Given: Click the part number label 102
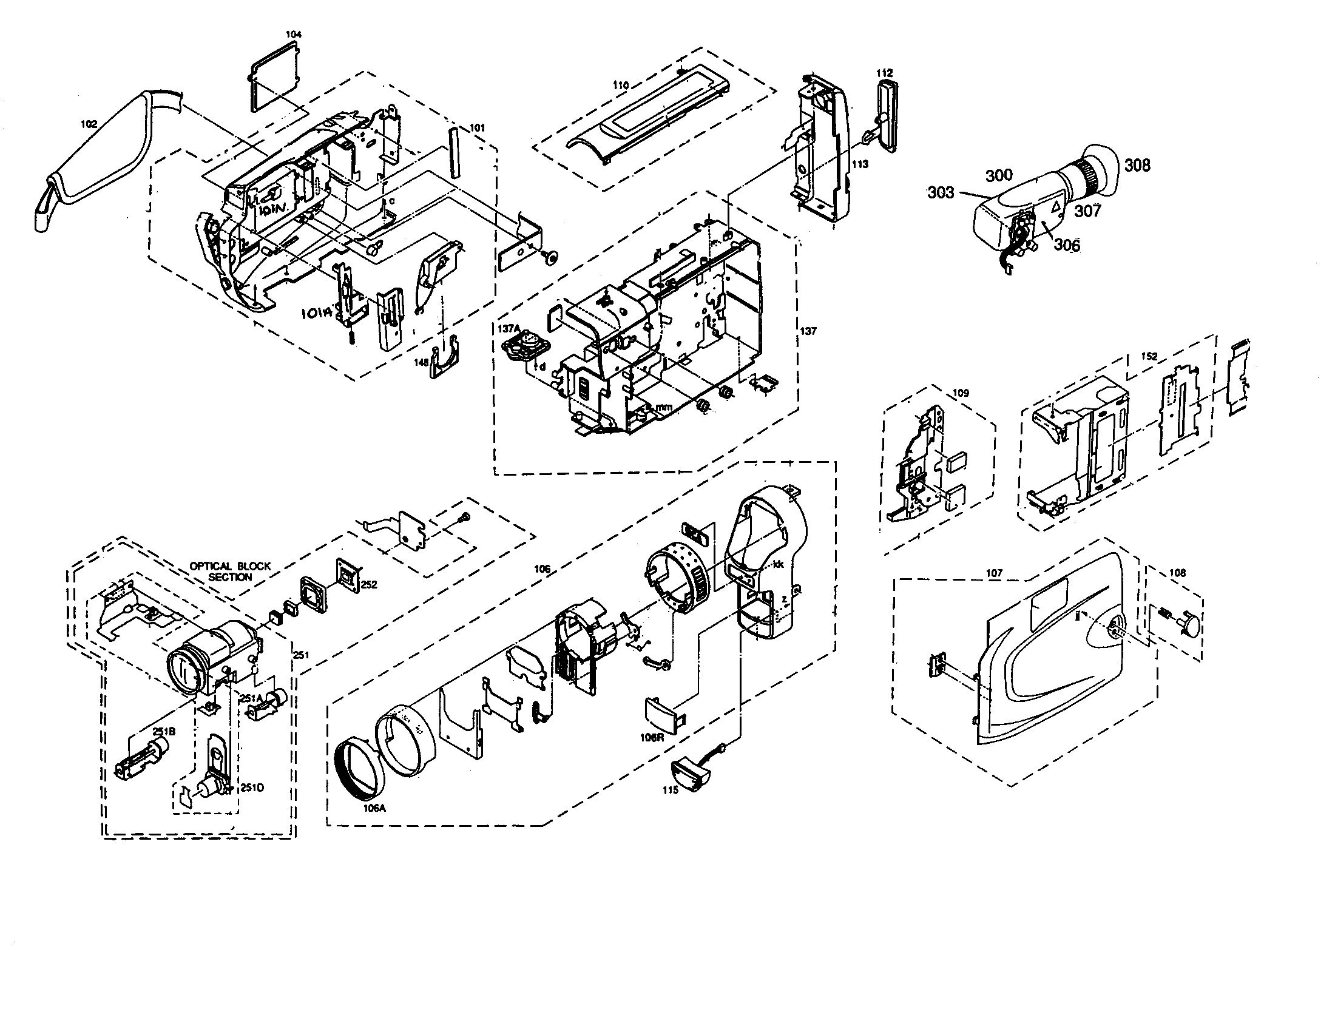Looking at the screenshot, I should pyautogui.click(x=89, y=124).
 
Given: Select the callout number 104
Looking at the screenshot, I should pyautogui.click(x=294, y=35).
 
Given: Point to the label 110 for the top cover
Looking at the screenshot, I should pyautogui.click(x=620, y=86).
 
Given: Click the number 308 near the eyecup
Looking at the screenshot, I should pyautogui.click(x=1137, y=165).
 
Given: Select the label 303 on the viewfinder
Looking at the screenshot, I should pyautogui.click(x=941, y=192).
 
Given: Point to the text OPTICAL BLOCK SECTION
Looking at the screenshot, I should pyautogui.click(x=230, y=572).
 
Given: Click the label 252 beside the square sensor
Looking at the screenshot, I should pyautogui.click(x=368, y=584).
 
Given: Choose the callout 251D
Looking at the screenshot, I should pyautogui.click(x=251, y=788).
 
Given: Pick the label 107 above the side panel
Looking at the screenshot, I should pyautogui.click(x=995, y=573).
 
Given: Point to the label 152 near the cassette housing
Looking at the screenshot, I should pyautogui.click(x=1149, y=356).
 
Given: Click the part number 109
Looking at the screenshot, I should pyautogui.click(x=961, y=394).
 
